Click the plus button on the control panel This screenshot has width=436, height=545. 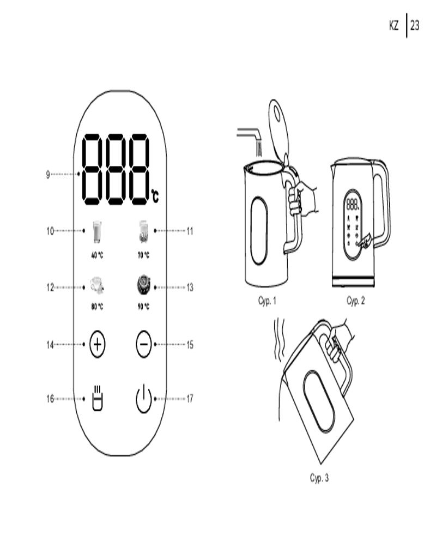pyautogui.click(x=98, y=344)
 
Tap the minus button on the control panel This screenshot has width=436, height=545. pyautogui.click(x=143, y=344)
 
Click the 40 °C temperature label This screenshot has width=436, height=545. pyautogui.click(x=97, y=255)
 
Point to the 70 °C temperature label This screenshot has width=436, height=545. pyautogui.click(x=143, y=255)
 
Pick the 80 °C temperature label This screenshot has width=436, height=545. pyautogui.click(x=97, y=306)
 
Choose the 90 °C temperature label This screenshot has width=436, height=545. pyautogui.click(x=143, y=306)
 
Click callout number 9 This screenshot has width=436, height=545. pyautogui.click(x=48, y=174)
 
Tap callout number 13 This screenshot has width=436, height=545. pyautogui.click(x=190, y=287)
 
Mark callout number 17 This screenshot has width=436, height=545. pyautogui.click(x=190, y=398)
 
